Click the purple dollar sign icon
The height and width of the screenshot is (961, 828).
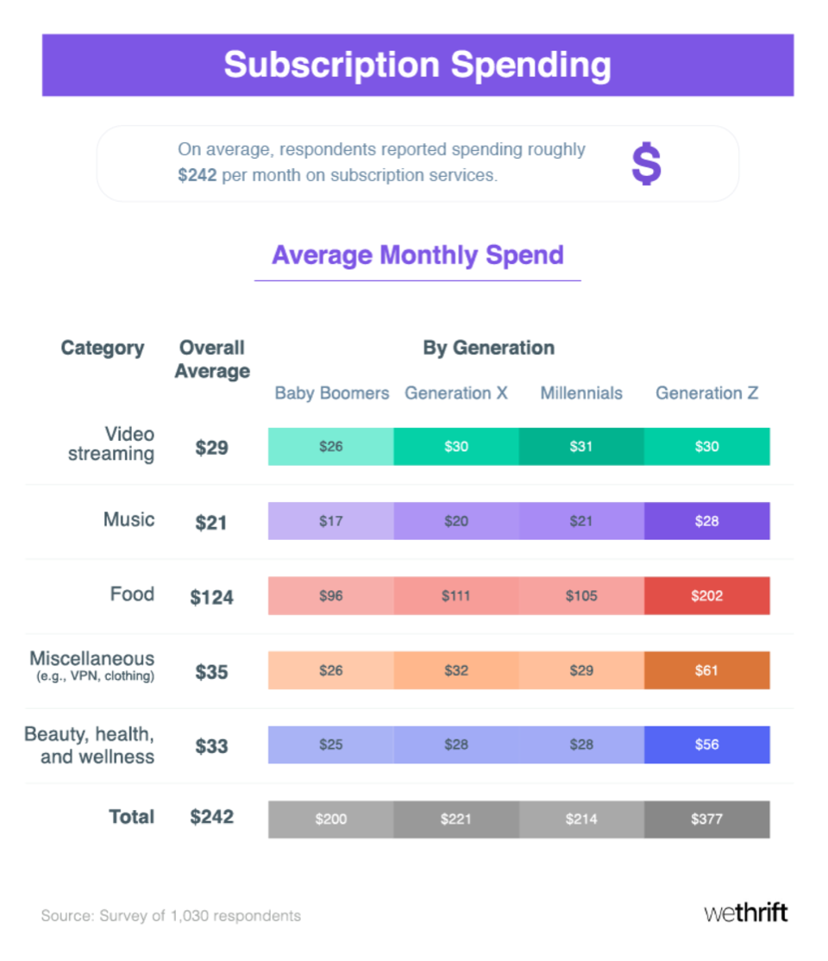pos(646,164)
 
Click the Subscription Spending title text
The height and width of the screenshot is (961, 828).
pos(417,65)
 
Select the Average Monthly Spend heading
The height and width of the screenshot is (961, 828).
pos(417,255)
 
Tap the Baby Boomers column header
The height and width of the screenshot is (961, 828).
pos(332,393)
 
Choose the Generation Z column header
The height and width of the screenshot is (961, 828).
pos(706,393)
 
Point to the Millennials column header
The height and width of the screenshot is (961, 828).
pos(581,393)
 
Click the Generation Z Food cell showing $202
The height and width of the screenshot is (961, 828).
pos(706,596)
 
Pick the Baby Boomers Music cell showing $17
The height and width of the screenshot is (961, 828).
pos(331,521)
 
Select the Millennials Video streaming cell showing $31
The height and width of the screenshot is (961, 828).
pos(581,447)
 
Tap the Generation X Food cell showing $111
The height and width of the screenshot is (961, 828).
pos(456,596)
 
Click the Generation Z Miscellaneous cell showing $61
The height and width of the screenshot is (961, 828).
pos(706,670)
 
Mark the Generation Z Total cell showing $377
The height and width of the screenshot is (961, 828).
pos(706,820)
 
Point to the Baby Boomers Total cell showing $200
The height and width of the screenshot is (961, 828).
pos(331,820)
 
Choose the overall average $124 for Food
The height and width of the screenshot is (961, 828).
pos(211,597)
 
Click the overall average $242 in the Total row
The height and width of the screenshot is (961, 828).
pos(211,817)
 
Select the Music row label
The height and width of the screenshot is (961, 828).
pos(129,519)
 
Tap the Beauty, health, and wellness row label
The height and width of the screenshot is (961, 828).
pos(91,745)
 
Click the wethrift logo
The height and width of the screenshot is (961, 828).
pos(745,914)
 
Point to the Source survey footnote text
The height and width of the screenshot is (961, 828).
pos(171,915)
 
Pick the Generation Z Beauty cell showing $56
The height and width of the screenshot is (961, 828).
pos(706,745)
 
